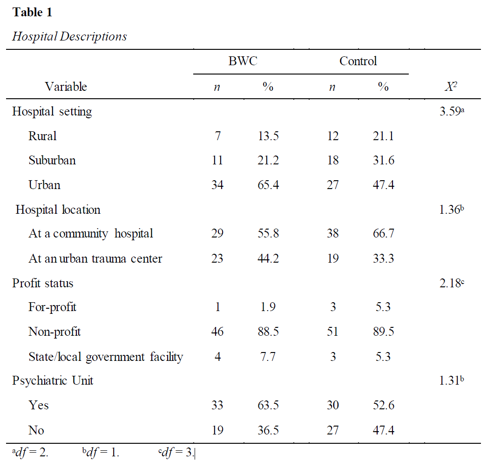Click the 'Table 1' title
tap(32, 12)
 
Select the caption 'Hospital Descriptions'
tap(69, 36)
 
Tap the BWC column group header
tap(243, 61)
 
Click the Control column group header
tap(358, 61)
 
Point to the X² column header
tap(451, 86)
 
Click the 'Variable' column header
tap(66, 86)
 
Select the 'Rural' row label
tap(42, 136)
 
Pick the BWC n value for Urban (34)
tap(217, 185)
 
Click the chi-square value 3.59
tap(452, 111)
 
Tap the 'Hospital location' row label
tap(58, 210)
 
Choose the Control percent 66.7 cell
tap(384, 233)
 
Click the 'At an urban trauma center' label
tap(95, 258)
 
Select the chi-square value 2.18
tap(452, 283)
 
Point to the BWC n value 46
tap(217, 332)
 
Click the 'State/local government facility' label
tap(106, 357)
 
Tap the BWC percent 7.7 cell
tap(268, 357)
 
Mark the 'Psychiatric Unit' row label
tap(53, 380)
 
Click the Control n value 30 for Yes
tap(332, 405)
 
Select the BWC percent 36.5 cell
tap(268, 430)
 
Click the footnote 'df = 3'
tap(176, 453)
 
